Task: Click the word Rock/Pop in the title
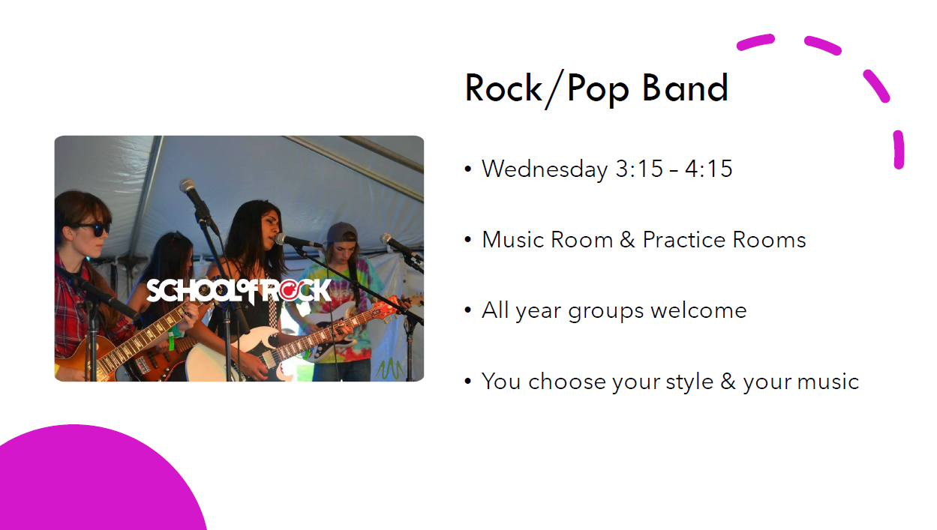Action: coord(547,89)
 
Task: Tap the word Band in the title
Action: coord(686,88)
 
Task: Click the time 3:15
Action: coord(640,169)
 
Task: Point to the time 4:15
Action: coord(709,169)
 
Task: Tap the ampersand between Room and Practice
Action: coord(627,239)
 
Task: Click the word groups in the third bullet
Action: coord(605,312)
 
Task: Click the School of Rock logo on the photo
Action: coord(239,291)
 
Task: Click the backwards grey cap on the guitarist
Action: coord(342,232)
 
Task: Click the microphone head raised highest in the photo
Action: coord(188,186)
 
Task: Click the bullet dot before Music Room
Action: coord(467,240)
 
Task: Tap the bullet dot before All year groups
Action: coord(467,310)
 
